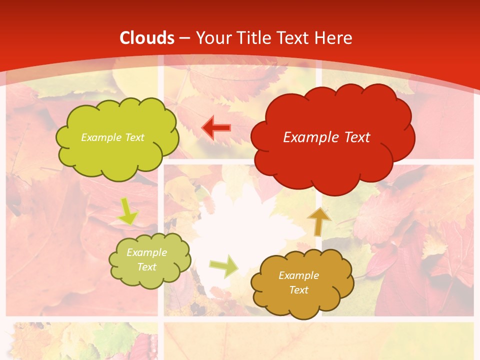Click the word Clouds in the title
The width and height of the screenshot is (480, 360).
pos(147,38)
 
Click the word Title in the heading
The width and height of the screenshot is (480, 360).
pos(255,38)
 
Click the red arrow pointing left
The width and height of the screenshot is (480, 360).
pos(216,127)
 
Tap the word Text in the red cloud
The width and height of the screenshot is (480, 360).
pos(354,137)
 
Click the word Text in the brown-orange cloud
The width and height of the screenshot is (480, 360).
pos(298,290)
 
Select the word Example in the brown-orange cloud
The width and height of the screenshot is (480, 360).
pos(298,275)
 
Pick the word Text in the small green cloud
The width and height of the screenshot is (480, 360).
pos(147,267)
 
